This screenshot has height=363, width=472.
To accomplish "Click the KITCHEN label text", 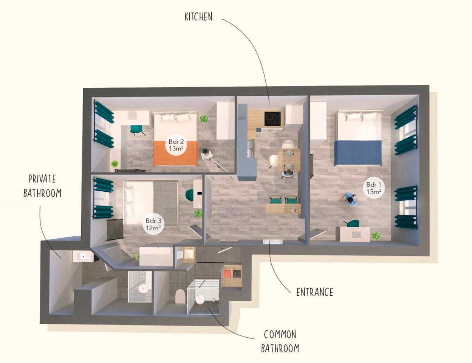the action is click(x=198, y=17).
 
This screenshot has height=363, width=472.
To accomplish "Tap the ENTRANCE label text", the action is click(x=315, y=292).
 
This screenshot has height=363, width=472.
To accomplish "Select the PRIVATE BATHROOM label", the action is click(x=42, y=186).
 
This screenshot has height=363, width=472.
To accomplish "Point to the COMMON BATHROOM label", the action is click(x=280, y=341).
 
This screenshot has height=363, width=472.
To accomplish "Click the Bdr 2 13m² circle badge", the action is click(x=176, y=145).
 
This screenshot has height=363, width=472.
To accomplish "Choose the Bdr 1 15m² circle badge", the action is click(x=374, y=188).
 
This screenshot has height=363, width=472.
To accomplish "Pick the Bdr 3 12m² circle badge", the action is click(x=153, y=224).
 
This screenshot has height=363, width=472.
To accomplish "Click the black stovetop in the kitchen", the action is click(x=274, y=119).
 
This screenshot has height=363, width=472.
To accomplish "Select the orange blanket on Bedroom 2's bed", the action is click(x=176, y=153).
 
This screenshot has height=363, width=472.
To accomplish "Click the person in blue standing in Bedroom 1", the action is click(x=349, y=199).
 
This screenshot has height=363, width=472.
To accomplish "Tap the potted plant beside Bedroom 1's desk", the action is click(x=376, y=235).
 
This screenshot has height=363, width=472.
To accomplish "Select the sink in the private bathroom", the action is click(x=83, y=256).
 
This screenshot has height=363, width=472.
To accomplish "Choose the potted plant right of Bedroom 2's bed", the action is click(x=204, y=119).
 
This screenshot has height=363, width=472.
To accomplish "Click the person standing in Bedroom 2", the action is click(x=206, y=154).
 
